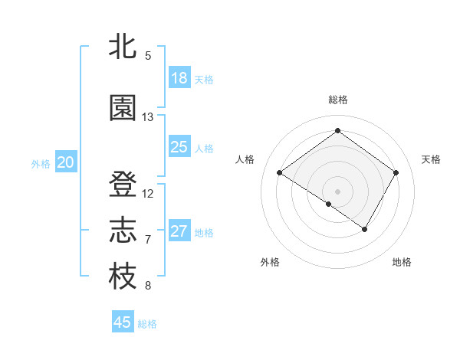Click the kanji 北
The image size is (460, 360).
[123, 47]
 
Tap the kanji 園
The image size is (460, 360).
[123, 109]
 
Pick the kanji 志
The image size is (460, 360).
[123, 231]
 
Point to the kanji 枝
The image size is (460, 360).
[123, 277]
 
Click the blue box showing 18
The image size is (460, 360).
[179, 78]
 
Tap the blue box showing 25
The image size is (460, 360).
[179, 147]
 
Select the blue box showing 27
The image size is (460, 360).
[179, 231]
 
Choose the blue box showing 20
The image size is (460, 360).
[66, 162]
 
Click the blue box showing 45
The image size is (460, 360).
[123, 322]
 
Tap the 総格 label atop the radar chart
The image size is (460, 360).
[337, 100]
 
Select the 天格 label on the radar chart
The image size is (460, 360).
[431, 159]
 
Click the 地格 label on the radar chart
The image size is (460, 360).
[402, 262]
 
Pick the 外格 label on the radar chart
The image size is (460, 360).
[270, 262]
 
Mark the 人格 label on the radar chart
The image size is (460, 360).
[245, 159]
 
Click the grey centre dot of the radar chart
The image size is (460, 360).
[337, 190]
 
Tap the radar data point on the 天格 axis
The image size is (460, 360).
[396, 173]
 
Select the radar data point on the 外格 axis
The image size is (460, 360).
[329, 204]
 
